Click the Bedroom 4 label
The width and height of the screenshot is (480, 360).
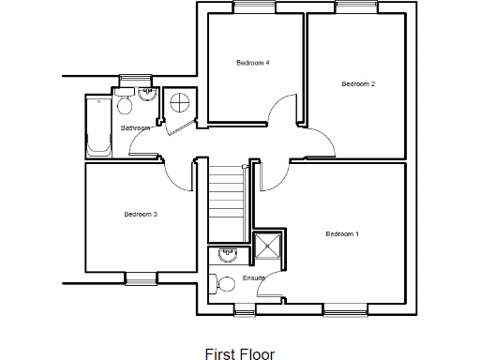tap(253, 63)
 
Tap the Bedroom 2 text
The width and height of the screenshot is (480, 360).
tap(358, 84)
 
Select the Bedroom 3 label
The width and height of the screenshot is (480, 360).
tap(141, 215)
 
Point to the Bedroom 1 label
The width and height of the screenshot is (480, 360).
tap(342, 233)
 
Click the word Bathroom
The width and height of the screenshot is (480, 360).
tap(135, 128)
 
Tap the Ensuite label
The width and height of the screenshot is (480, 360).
tap(254, 278)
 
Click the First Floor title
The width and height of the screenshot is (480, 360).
tap(240, 355)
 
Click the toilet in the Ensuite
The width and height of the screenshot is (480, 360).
tap(224, 283)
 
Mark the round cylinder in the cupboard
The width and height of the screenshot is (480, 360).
tap(179, 103)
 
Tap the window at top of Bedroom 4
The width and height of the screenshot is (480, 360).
tap(253, 8)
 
